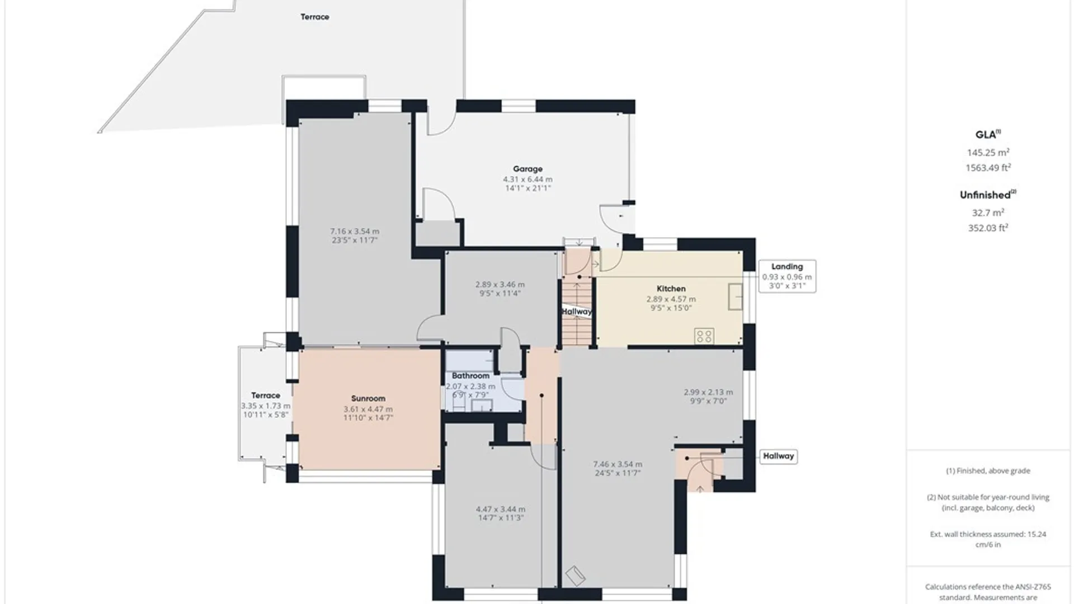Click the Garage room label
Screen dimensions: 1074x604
click(x=527, y=169)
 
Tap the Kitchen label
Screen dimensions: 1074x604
click(x=671, y=289)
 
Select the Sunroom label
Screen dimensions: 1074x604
click(x=368, y=399)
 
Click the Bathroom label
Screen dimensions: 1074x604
click(x=470, y=376)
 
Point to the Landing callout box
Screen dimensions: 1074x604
click(x=787, y=276)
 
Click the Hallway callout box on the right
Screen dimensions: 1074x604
click(x=778, y=456)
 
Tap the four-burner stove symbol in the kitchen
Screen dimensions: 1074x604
click(x=704, y=336)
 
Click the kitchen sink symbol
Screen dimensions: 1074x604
click(x=736, y=296)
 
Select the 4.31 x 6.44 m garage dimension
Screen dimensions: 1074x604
click(x=527, y=180)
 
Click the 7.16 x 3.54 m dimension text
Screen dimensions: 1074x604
click(x=355, y=231)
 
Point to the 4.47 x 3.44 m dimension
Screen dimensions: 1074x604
click(x=501, y=509)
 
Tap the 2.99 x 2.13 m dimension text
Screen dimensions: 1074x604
click(x=708, y=393)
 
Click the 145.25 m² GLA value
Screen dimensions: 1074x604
click(x=988, y=152)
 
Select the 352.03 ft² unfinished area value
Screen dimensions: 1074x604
click(x=988, y=228)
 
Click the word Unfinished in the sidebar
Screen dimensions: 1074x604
click(x=985, y=195)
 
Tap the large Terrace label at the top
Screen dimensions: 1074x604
click(x=314, y=17)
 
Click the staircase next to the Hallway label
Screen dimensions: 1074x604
click(x=577, y=313)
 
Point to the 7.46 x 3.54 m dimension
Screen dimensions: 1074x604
click(x=618, y=464)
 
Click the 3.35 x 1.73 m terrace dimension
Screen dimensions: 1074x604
click(x=266, y=406)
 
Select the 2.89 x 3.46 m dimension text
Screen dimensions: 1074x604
click(x=500, y=285)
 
